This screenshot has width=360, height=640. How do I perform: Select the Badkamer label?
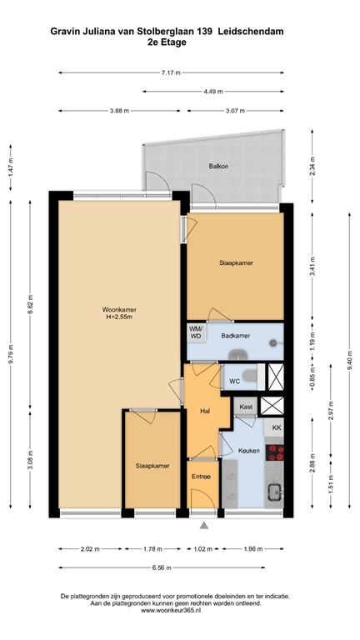[236, 336]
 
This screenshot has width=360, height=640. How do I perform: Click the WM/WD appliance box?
[197, 333]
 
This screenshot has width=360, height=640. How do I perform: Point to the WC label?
[235, 382]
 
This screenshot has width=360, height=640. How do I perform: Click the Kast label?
[245, 407]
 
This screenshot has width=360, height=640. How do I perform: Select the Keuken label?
[249, 451]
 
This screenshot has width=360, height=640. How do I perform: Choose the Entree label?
[202, 477]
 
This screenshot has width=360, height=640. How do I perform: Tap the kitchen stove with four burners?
[277, 453]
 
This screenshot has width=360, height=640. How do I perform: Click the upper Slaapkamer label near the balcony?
[236, 263]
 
